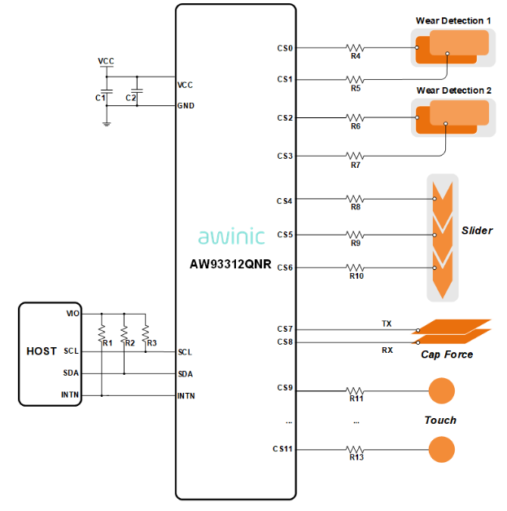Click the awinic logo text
click(x=231, y=236)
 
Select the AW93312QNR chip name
click(x=231, y=264)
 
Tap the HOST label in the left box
click(x=42, y=351)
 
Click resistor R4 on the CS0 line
click(x=356, y=48)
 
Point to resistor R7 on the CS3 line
click(x=356, y=156)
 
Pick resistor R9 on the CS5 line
click(x=356, y=235)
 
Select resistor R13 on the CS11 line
click(x=356, y=449)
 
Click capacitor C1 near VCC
click(x=106, y=92)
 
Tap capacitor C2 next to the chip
click(x=137, y=92)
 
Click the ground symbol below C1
click(x=106, y=123)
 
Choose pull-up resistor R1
click(x=102, y=333)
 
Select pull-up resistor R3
click(x=145, y=333)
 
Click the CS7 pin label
click(x=285, y=329)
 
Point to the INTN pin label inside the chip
click(x=186, y=396)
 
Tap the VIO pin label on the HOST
click(x=72, y=313)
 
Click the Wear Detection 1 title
click(x=453, y=20)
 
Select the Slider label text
click(x=477, y=231)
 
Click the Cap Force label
click(x=447, y=355)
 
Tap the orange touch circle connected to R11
click(x=441, y=391)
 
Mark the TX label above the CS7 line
click(x=387, y=324)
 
